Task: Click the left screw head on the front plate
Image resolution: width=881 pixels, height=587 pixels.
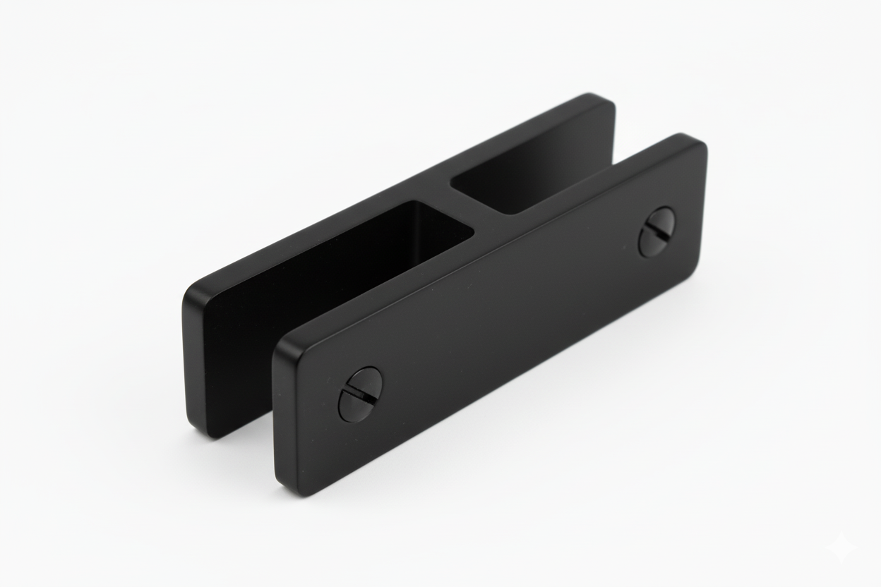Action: pos(361,394)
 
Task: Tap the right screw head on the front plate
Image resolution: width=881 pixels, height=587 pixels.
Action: pos(657,231)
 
